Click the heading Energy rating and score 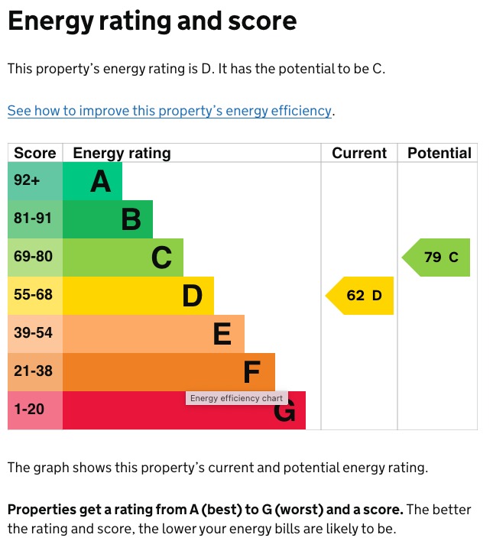[151, 21]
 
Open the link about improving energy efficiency [170, 111]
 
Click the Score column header [35, 153]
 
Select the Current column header [359, 153]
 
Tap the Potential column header [439, 153]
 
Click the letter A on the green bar [101, 182]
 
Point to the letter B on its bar [131, 220]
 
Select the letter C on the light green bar [161, 258]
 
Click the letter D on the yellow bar [192, 296]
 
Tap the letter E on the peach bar [222, 335]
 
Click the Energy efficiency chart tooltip [236, 398]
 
